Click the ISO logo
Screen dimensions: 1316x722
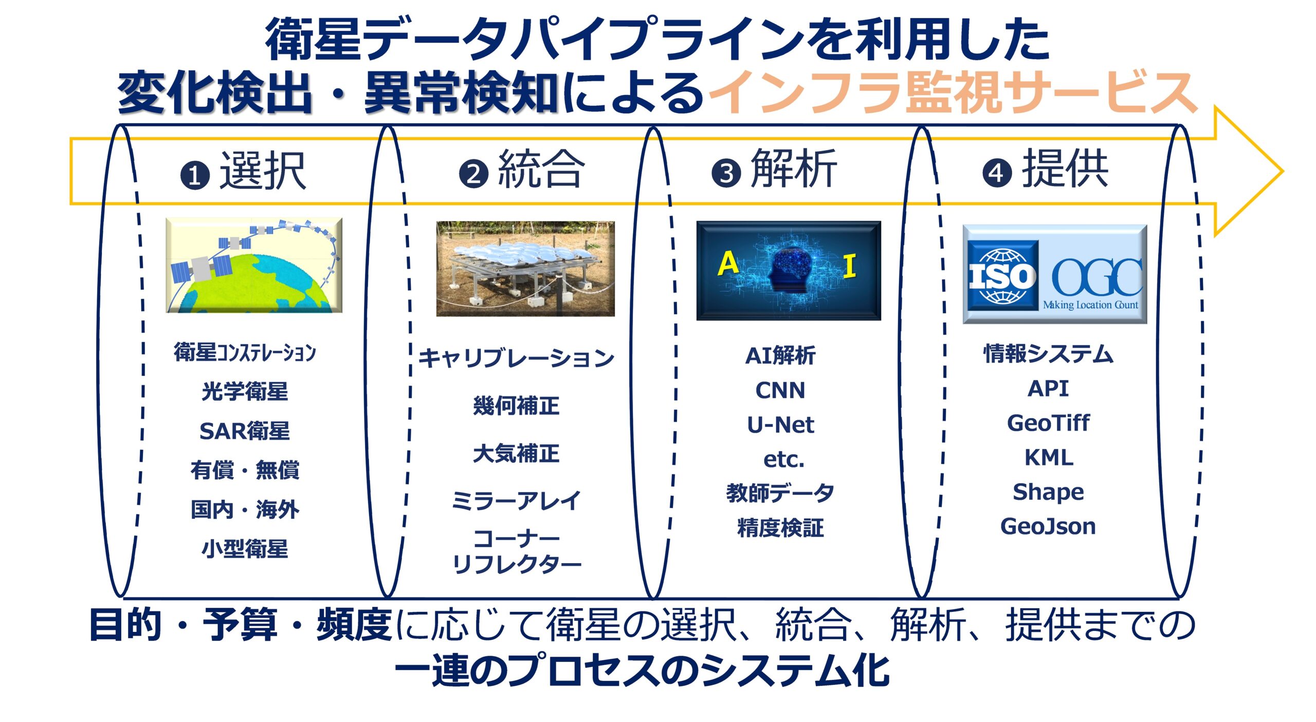click(1002, 276)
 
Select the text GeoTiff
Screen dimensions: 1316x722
click(1048, 423)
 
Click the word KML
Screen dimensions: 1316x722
click(1049, 457)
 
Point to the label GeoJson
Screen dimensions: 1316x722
click(1048, 526)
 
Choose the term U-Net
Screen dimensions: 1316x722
click(780, 425)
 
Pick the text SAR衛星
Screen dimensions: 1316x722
click(245, 431)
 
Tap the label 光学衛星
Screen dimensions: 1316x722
click(245, 391)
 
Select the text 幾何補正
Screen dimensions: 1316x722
click(516, 406)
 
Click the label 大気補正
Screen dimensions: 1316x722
click(516, 454)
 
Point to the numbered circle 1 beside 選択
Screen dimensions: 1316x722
click(195, 175)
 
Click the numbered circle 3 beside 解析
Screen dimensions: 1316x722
click(726, 173)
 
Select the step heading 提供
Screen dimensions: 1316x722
click(1065, 168)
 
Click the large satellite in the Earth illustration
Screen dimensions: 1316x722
click(202, 268)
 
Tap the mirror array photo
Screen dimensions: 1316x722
click(525, 269)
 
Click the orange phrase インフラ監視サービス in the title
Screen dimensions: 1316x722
click(953, 93)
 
